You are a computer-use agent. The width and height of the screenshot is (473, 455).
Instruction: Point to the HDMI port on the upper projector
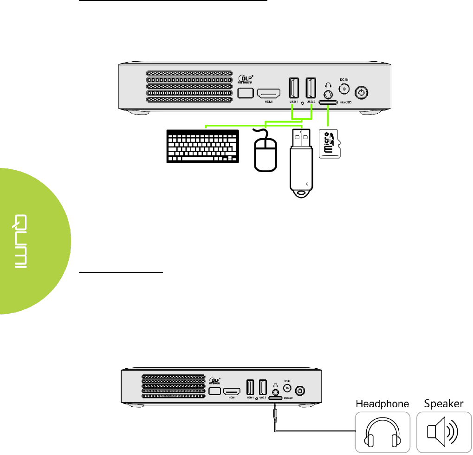[x=269, y=93]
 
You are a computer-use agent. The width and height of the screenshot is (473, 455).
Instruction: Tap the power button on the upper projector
[x=362, y=93]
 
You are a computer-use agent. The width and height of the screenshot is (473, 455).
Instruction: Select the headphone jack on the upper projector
[x=329, y=94]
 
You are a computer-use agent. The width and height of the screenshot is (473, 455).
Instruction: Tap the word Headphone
[x=382, y=404]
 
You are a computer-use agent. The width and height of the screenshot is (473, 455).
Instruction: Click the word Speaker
[x=444, y=404]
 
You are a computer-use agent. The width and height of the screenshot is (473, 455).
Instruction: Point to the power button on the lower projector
[x=300, y=391]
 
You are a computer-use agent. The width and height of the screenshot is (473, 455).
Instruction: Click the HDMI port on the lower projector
[x=231, y=391]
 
